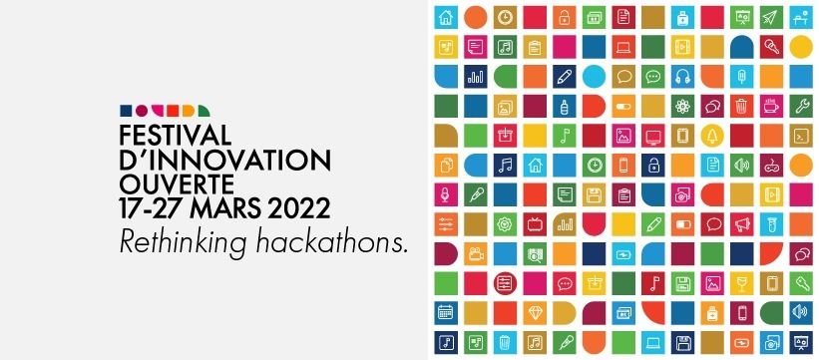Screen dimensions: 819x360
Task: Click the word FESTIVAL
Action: [x=176, y=136]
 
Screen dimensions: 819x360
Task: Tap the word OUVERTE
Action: [x=177, y=183]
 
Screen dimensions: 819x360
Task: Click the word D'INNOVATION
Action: [x=225, y=160]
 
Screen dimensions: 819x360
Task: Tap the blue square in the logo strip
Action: [x=126, y=111]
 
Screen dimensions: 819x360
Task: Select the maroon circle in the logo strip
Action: [x=142, y=111]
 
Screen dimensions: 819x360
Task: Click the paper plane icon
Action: [x=771, y=17]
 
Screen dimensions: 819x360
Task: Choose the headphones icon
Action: [x=682, y=77]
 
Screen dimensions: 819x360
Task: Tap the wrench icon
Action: [x=801, y=106]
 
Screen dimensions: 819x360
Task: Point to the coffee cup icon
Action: [x=771, y=106]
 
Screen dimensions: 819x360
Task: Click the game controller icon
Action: [x=771, y=166]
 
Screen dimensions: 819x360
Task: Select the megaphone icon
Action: [x=742, y=224]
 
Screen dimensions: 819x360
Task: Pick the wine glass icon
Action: [x=742, y=284]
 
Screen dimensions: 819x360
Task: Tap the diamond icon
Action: [x=535, y=313]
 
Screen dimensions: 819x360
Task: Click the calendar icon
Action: [x=446, y=313]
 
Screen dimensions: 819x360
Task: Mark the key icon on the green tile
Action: [x=801, y=284]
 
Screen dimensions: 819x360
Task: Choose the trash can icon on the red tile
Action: [x=742, y=106]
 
